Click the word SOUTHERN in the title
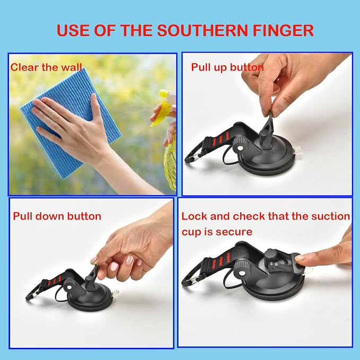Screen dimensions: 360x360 click(203, 30)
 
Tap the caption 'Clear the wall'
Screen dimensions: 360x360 click(46, 67)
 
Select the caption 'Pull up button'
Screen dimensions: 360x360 click(227, 67)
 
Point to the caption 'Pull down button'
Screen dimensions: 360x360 click(57, 216)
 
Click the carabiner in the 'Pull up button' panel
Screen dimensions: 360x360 click(194, 156)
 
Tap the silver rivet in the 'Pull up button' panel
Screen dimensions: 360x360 click(240, 148)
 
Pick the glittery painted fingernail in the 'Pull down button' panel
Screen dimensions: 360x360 click(129, 260)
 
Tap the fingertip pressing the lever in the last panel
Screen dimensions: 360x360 click(300, 257)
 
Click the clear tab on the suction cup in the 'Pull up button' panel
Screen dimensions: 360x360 click(298, 150)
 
